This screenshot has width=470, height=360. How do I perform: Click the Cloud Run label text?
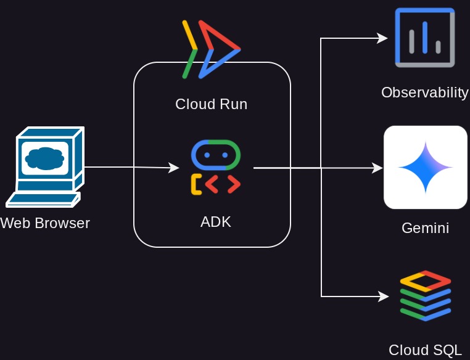pos(211,104)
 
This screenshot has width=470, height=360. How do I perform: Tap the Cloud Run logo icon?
pos(210,49)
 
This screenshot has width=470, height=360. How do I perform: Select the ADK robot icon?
pos(215,167)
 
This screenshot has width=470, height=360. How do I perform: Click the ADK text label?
pos(215,222)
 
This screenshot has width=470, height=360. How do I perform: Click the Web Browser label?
pos(45,223)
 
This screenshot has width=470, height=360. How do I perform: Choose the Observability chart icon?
pos(425,38)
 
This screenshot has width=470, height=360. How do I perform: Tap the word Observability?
pos(425,92)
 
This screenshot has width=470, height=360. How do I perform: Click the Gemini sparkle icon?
pos(426,167)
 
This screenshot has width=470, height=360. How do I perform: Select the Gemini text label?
pos(425,228)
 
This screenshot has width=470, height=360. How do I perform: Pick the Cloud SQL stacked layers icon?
pos(425,296)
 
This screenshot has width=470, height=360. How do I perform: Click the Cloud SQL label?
pos(425,350)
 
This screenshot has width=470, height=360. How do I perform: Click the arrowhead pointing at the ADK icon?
pos(174,168)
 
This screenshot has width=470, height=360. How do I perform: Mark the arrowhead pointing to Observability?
pos(382,38)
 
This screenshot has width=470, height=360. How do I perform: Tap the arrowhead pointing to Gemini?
pos(378,168)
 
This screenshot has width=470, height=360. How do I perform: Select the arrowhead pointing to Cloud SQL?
pos(384,297)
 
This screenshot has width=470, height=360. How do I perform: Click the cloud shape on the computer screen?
pos(45,158)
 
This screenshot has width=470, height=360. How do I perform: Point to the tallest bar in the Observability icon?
pos(425,37)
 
